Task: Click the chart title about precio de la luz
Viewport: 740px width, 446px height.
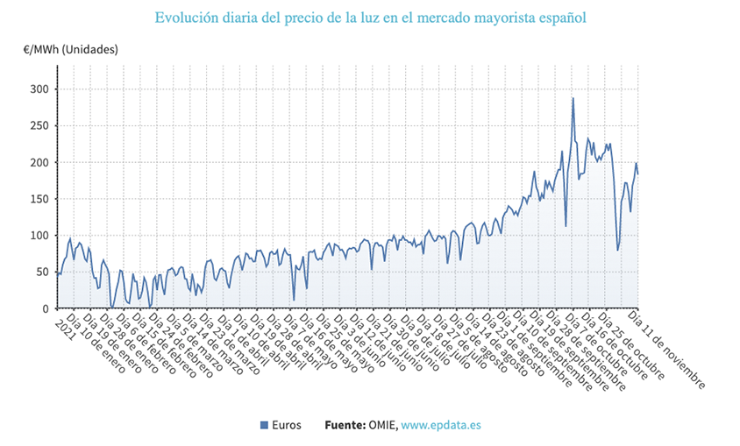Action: (x=370, y=18)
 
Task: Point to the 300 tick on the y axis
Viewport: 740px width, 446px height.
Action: (x=39, y=89)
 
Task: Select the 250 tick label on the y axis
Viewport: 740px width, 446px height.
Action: (x=39, y=126)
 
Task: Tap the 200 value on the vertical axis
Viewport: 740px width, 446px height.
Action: (x=39, y=163)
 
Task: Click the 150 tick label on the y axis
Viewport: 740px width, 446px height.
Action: (x=39, y=199)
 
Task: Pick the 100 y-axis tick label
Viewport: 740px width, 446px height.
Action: (x=39, y=236)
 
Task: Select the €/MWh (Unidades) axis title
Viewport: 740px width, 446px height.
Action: (x=70, y=51)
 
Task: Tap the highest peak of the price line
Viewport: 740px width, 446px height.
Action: (x=573, y=98)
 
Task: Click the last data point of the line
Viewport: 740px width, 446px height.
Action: (x=637, y=173)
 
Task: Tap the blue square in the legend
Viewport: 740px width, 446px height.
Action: (x=264, y=425)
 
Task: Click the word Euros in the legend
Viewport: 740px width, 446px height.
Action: (x=287, y=425)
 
